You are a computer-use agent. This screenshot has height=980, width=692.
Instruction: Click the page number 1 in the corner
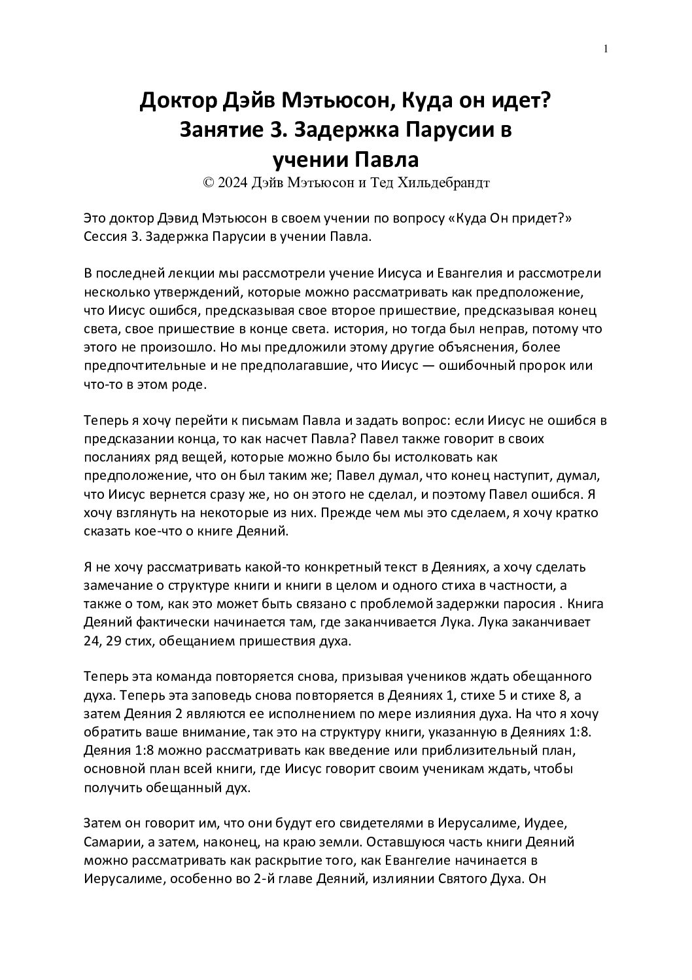(x=606, y=48)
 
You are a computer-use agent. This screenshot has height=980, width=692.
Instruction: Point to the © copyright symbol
(x=209, y=184)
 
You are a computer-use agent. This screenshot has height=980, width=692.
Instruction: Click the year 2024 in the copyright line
(x=232, y=184)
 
